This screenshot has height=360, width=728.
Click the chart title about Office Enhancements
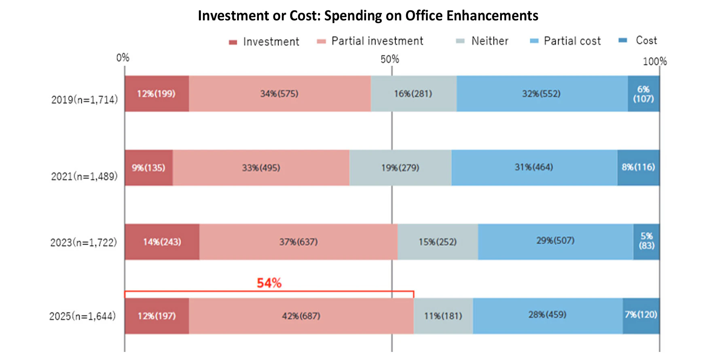368,16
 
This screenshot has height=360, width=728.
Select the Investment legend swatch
233,42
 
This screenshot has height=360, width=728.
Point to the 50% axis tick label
389,59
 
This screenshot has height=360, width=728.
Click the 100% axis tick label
655,61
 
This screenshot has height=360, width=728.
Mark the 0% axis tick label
123,58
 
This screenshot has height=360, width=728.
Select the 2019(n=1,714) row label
84,100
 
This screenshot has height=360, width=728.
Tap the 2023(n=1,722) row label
83,242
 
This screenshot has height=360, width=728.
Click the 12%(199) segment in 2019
157,94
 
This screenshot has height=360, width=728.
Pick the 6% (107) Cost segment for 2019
643,94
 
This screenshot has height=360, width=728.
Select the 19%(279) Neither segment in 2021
400,168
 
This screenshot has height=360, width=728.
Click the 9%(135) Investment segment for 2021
148,168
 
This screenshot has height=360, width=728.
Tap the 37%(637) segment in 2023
298,242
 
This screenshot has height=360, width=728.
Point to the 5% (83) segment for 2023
646,241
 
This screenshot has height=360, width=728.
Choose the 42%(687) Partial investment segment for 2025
301,316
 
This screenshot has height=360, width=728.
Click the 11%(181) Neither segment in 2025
443,316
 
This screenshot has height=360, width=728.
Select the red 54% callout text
269,283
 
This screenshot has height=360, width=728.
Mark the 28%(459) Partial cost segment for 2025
548,315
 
